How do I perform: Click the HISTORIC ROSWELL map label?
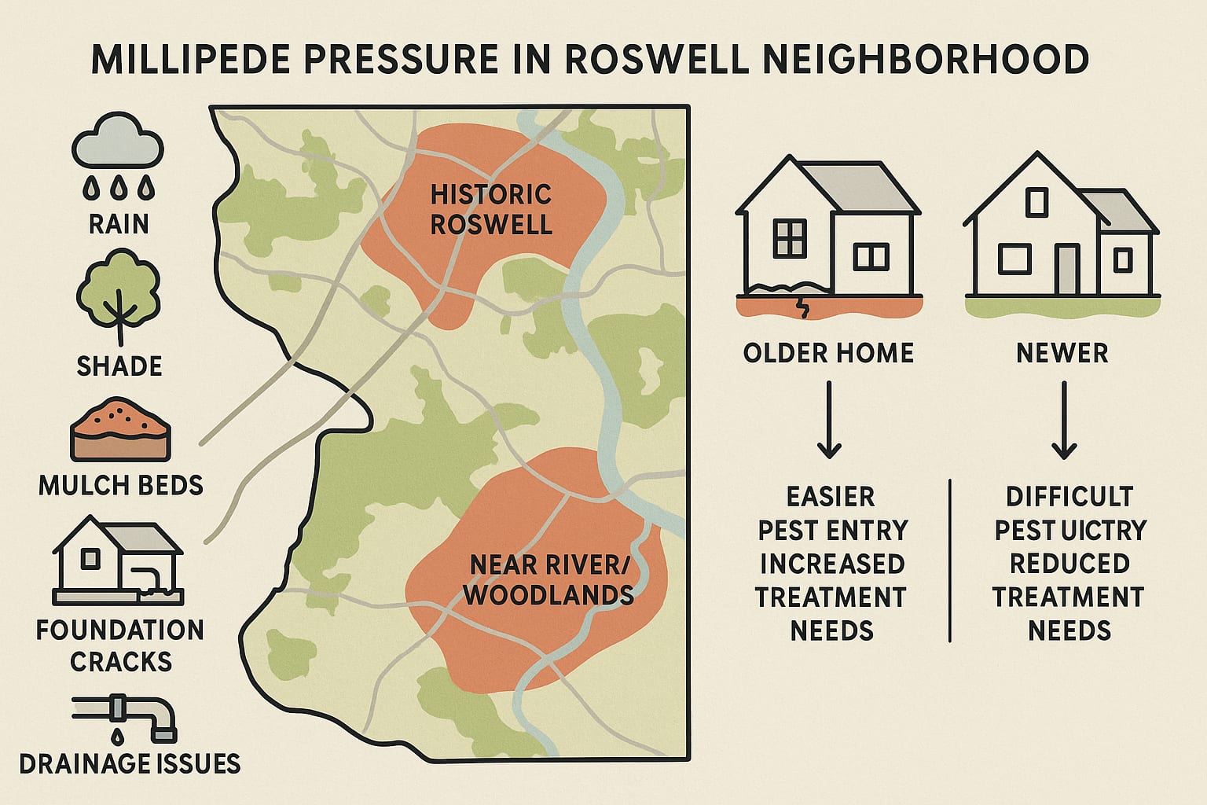(491, 209)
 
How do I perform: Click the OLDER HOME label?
(828, 353)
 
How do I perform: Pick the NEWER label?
(1062, 353)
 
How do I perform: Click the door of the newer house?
(1067, 268)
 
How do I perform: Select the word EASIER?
(831, 497)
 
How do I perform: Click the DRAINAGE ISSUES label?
(130, 763)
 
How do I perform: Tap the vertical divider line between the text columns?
(950, 560)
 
